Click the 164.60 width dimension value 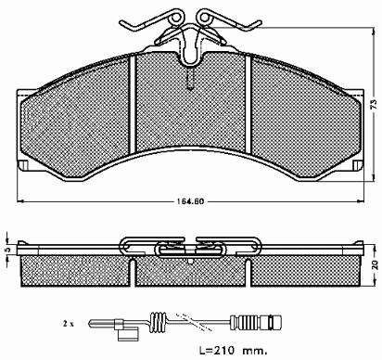[x=190, y=201]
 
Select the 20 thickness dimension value [x=376, y=265]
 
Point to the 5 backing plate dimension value [x=8, y=250]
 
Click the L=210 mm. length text [x=233, y=351]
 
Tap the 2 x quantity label [x=69, y=324]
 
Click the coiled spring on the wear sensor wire [x=158, y=322]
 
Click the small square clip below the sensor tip [x=128, y=334]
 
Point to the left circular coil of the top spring [x=175, y=18]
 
